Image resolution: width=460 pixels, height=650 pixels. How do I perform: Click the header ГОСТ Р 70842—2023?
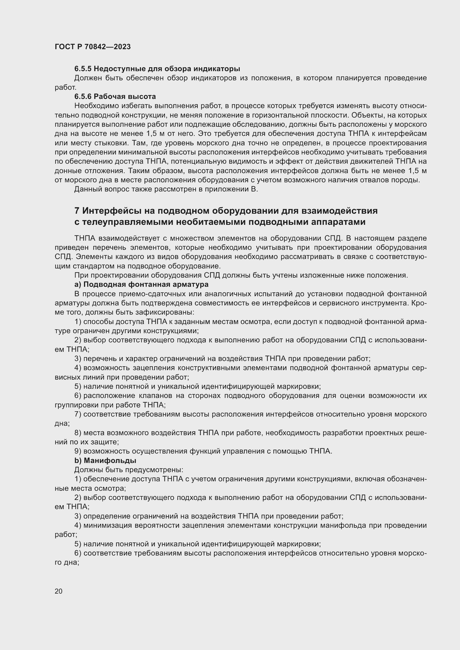pyautogui.click(x=93, y=47)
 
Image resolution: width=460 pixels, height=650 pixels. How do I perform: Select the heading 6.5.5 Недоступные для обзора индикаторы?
pyautogui.click(x=157, y=69)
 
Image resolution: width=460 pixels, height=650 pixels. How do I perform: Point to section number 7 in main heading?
pyautogui.click(x=77, y=211)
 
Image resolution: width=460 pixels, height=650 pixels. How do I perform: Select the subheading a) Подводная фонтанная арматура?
pyautogui.click(x=141, y=284)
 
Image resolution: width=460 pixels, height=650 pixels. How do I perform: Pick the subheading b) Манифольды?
pyautogui.click(x=105, y=460)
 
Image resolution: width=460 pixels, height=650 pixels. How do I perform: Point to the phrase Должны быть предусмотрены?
pyautogui.click(x=128, y=470)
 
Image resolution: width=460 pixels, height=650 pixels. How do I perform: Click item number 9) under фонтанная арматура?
pyautogui.click(x=78, y=451)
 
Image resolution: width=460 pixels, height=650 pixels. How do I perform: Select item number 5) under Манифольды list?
pyautogui.click(x=78, y=544)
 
